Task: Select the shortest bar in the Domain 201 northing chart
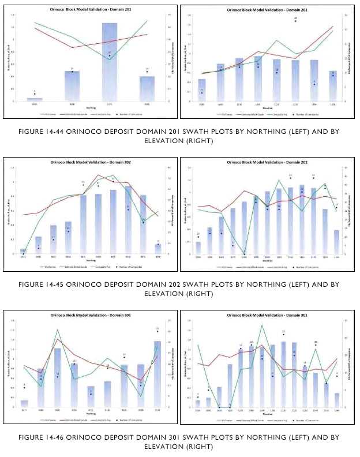[x=35, y=99]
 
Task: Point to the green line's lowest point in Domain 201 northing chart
[x=110, y=59]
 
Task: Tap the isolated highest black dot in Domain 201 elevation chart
[x=295, y=21]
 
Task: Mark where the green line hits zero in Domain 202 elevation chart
[x=245, y=254]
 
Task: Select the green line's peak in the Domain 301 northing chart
[x=57, y=330]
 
